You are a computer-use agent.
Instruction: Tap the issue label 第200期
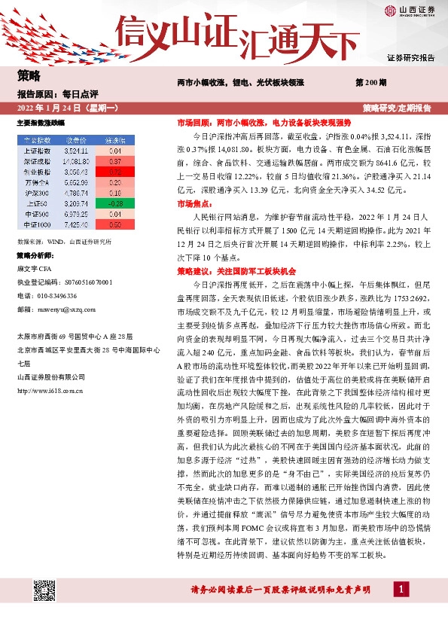point(370,82)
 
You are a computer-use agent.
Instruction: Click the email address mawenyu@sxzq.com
point(56,307)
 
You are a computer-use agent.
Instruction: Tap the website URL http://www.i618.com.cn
point(50,390)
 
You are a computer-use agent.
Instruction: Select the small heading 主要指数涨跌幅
point(40,122)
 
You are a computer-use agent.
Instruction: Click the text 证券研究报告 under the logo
point(410,58)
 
